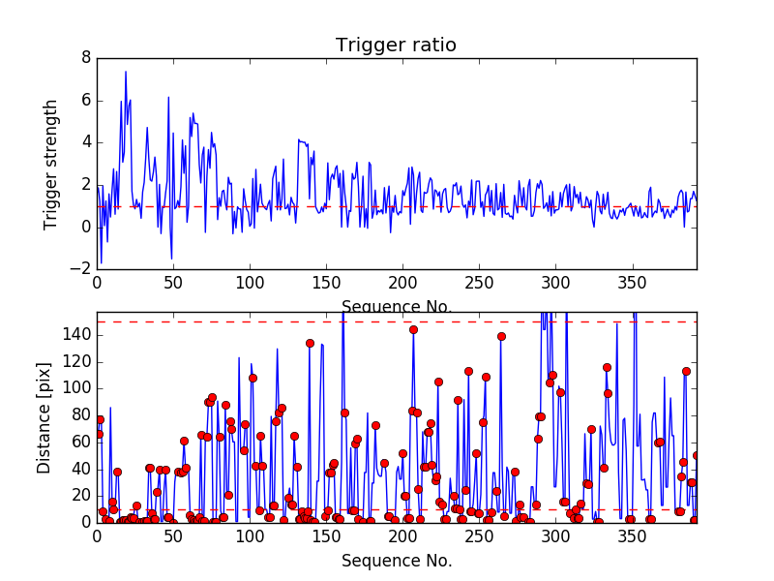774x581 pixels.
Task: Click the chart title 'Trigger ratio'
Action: click(396, 46)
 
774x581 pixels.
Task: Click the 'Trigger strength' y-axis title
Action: click(52, 163)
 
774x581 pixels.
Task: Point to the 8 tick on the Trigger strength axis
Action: click(85, 58)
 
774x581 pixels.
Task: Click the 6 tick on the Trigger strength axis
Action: click(85, 101)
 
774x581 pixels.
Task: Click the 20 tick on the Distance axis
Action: click(79, 496)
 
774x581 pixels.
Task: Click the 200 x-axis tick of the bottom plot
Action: click(402, 535)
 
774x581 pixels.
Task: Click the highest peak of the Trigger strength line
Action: click(125, 71)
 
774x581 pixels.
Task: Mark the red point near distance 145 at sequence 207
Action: click(413, 329)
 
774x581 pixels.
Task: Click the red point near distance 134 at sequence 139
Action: click(310, 343)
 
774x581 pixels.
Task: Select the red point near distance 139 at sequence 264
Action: click(501, 336)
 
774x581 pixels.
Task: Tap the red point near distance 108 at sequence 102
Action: click(253, 378)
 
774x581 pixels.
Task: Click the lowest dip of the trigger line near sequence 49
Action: click(171, 259)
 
